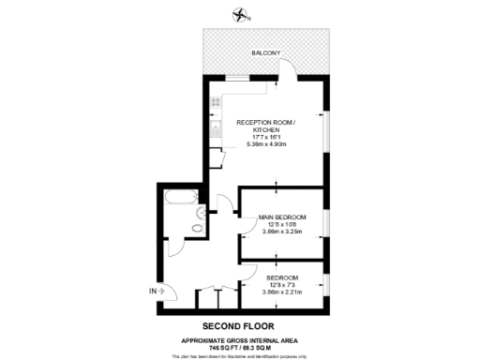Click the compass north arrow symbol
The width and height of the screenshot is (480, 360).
pyautogui.click(x=242, y=15)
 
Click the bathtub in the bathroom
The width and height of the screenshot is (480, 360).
pyautogui.click(x=178, y=198)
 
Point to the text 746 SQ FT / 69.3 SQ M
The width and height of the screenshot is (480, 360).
pyautogui.click(x=240, y=347)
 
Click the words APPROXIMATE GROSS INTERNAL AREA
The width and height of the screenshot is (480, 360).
pyautogui.click(x=240, y=339)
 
